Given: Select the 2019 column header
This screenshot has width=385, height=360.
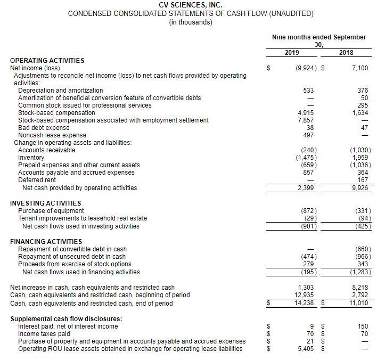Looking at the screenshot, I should point(292,52).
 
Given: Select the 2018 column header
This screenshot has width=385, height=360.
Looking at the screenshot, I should point(346,52).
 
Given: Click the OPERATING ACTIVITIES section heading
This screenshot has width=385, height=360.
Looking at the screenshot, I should point(47,61).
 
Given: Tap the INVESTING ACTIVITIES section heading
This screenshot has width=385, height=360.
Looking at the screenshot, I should point(46,203).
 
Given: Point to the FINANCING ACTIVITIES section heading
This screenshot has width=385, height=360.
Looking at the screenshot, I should point(46,241).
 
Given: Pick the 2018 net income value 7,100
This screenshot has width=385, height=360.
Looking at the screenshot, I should point(359,68).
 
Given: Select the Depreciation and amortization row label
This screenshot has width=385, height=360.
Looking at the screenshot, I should point(61,91).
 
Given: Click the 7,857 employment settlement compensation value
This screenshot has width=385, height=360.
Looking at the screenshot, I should point(306,120).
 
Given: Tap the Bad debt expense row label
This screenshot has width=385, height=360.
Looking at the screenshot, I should point(44,128).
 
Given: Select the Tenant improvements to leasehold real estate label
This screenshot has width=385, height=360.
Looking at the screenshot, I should point(83,218).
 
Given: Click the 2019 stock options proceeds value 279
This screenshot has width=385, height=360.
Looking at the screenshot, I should point(309,264).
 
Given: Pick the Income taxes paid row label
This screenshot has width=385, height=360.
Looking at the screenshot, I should point(44,334).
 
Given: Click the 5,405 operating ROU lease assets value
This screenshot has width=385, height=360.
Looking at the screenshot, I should point(306,349).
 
